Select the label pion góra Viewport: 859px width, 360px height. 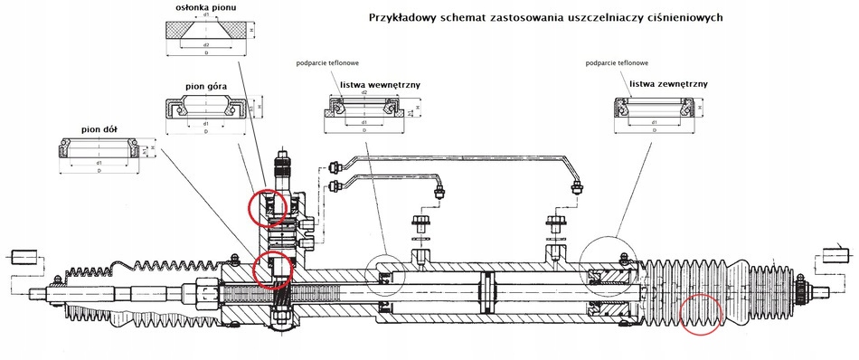tap(205, 87)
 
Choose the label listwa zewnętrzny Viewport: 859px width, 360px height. tap(667, 83)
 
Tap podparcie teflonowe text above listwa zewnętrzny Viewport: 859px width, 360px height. tap(618, 63)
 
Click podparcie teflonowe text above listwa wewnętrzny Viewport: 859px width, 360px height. tap(326, 63)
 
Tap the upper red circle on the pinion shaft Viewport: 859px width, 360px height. tap(269, 204)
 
